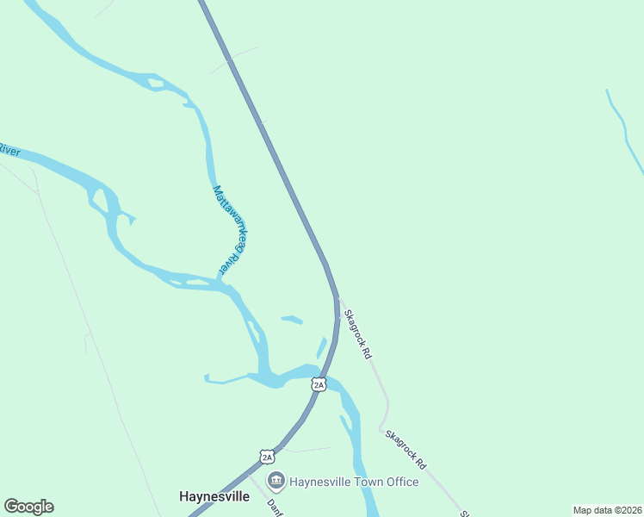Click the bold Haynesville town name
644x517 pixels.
[214, 496]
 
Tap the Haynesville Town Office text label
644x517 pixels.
[354, 482]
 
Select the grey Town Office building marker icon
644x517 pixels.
[276, 480]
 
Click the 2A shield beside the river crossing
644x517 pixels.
[319, 384]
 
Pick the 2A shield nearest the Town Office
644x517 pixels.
[267, 457]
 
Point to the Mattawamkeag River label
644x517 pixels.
[230, 231]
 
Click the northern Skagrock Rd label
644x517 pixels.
[357, 334]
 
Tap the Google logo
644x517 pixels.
[28, 507]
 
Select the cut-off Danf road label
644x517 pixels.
[276, 507]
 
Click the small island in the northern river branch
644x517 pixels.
[156, 84]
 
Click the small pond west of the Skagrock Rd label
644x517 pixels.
[292, 320]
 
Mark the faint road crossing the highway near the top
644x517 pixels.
[233, 59]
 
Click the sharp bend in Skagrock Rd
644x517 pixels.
[382, 426]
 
